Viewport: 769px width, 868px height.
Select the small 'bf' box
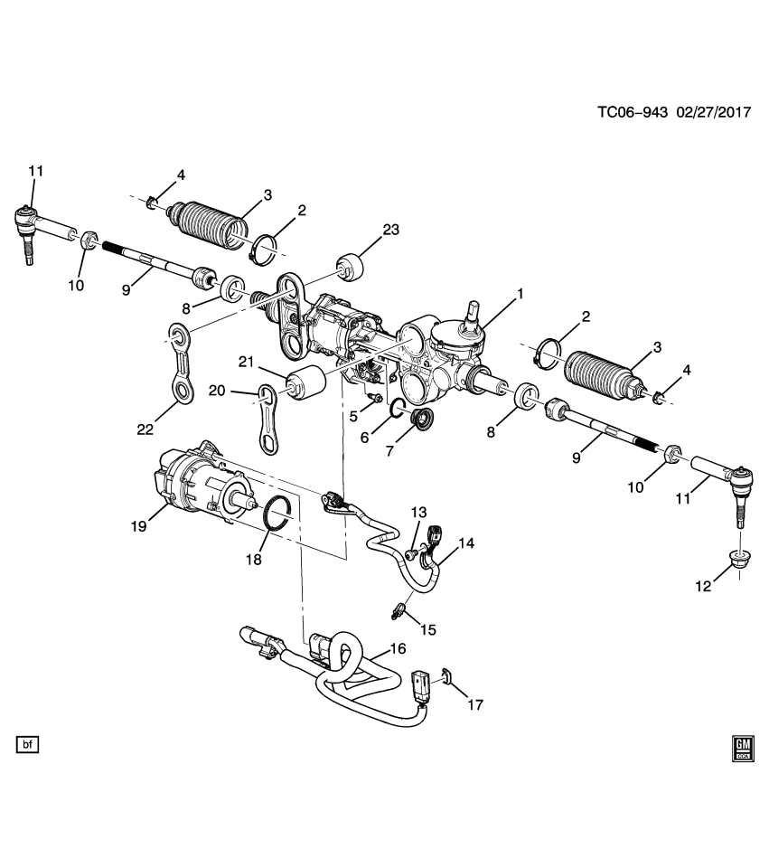tap(27, 745)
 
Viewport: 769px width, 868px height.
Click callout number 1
tap(519, 293)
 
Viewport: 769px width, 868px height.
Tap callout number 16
tap(398, 648)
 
